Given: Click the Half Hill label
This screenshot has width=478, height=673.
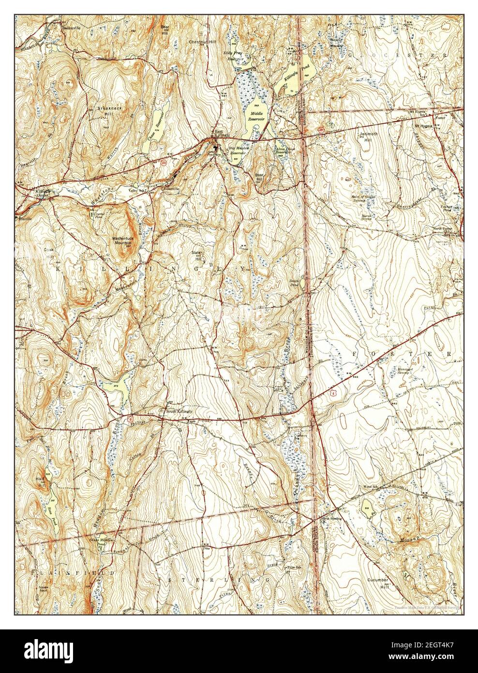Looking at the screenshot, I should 40,482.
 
